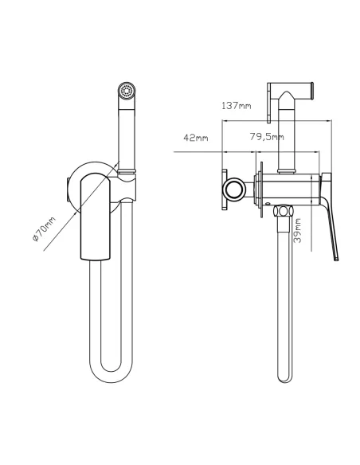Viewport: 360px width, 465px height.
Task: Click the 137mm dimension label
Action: coord(237,106)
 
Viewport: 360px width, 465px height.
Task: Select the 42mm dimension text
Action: coord(196,138)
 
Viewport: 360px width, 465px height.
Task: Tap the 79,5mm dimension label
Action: coord(267,137)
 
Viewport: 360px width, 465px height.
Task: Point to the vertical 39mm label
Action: coord(297,230)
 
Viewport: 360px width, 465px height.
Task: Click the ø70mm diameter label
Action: coord(44,229)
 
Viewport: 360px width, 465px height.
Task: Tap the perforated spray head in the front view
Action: coord(127,90)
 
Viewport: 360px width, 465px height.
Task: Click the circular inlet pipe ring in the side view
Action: coord(234,189)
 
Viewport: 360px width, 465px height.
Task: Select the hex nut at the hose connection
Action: coord(283,211)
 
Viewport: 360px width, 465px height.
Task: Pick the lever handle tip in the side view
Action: coord(336,259)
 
